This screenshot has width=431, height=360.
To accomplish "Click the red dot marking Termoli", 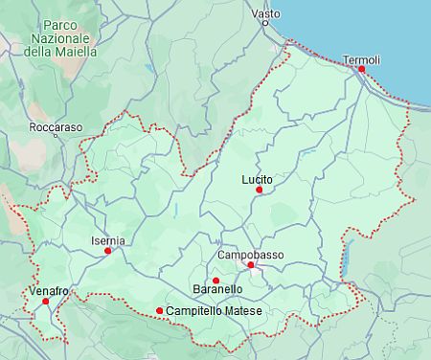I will pyautogui.click(x=361, y=69).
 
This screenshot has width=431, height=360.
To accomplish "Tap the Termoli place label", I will pyautogui.click(x=361, y=59).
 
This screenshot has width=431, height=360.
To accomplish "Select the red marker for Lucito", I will pyautogui.click(x=259, y=190).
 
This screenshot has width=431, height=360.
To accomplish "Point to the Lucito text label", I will pyautogui.click(x=258, y=179).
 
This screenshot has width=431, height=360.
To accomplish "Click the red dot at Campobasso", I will pyautogui.click(x=250, y=265).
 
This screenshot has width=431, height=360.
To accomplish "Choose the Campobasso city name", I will pyautogui.click(x=251, y=255).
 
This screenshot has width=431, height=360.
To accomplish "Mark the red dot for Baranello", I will pyautogui.click(x=215, y=281).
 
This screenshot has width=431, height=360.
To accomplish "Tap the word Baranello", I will pyautogui.click(x=217, y=289).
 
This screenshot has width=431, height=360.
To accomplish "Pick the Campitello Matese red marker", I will pyautogui.click(x=159, y=310).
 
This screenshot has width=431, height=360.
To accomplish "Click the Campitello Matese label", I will pyautogui.click(x=214, y=311).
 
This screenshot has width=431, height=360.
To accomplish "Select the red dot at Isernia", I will pyautogui.click(x=108, y=251).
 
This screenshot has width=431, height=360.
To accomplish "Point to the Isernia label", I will pyautogui.click(x=107, y=240).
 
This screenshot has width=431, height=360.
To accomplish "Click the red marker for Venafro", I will pyautogui.click(x=45, y=302).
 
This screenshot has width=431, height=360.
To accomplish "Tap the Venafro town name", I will pyautogui.click(x=49, y=290).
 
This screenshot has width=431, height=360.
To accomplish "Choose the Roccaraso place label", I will pyautogui.click(x=56, y=126).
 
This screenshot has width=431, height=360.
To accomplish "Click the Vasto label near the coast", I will pyautogui.click(x=265, y=14).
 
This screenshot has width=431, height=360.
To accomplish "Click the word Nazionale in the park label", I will pyautogui.click(x=61, y=36).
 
